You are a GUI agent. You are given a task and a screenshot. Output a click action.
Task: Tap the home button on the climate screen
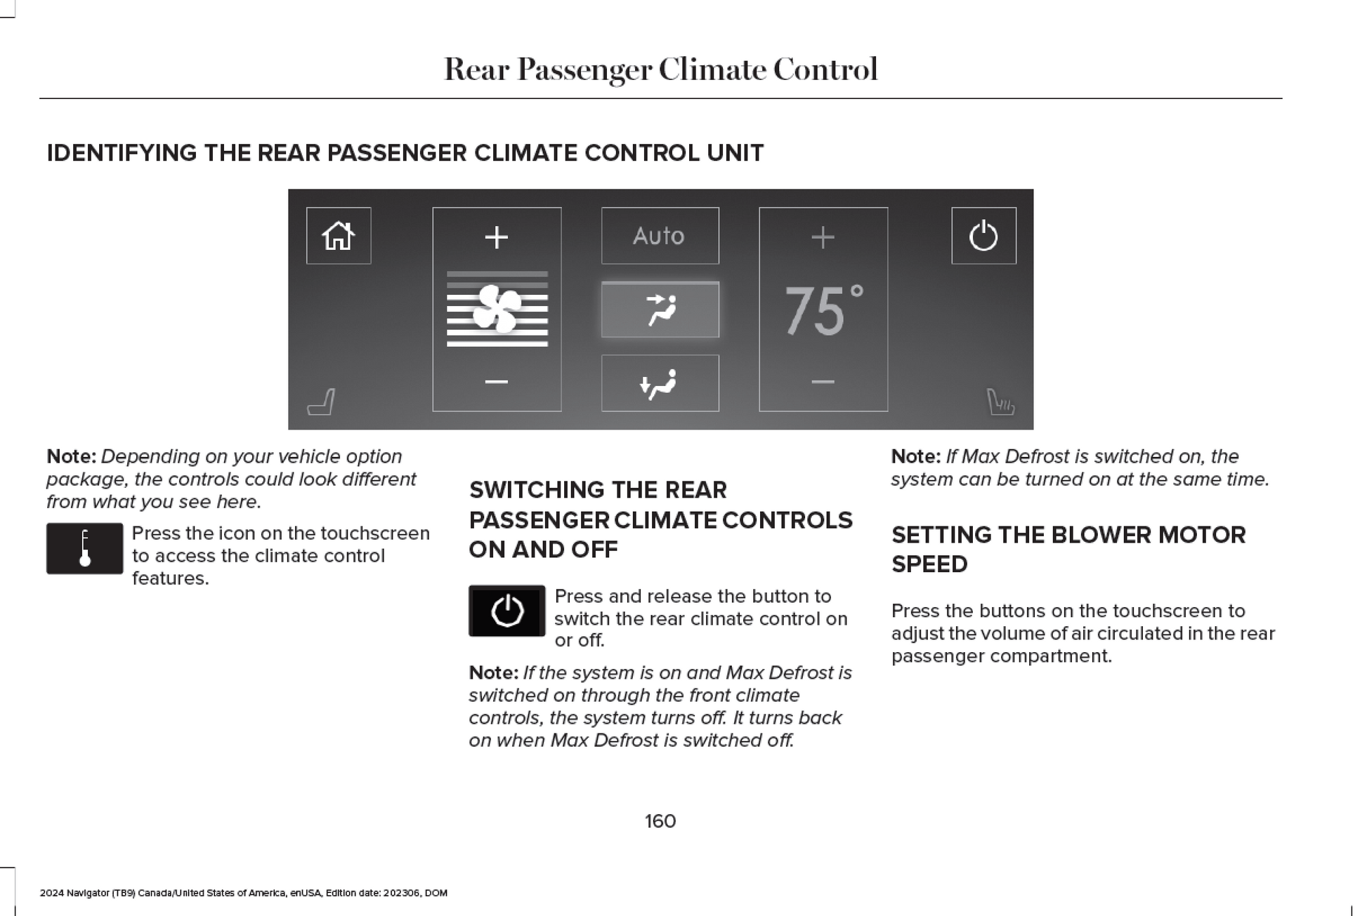pos(338,236)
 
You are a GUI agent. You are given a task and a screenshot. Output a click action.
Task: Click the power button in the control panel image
pos(983,236)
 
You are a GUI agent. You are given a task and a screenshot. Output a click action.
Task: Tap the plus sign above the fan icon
pos(497,237)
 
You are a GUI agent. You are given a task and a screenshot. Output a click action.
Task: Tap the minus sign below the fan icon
pos(497,382)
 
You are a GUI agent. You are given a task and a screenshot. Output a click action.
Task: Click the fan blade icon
pos(497,309)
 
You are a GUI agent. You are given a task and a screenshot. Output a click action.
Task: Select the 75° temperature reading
pos(823,310)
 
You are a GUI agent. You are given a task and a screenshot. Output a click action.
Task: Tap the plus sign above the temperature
pos(823,237)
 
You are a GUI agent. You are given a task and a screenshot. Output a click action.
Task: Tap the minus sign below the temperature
pos(823,382)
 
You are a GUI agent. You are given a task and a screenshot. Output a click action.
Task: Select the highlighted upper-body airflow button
pos(660,310)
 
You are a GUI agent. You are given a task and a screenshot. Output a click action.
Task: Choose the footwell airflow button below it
pos(660,383)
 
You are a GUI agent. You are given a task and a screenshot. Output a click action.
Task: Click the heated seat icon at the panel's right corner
pos(1000,402)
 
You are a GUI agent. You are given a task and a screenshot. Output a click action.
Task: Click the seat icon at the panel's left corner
pos(322,402)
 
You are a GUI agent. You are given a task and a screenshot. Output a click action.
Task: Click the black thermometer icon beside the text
pos(85,548)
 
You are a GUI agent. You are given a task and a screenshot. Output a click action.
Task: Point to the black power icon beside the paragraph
pos(506,611)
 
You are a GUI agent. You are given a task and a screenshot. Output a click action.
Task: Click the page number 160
pos(660,821)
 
